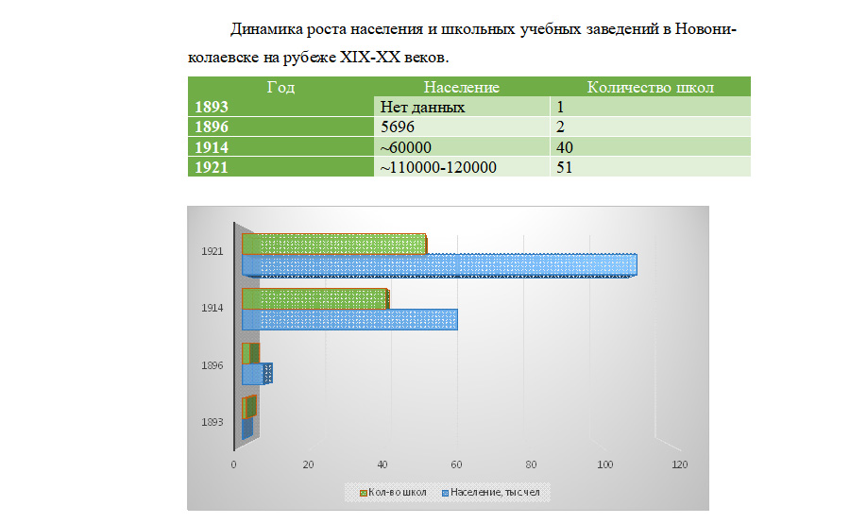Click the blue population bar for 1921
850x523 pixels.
click(x=439, y=265)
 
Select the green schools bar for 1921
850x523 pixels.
click(x=334, y=244)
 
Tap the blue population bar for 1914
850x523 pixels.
click(x=349, y=320)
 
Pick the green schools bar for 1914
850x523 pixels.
click(x=314, y=298)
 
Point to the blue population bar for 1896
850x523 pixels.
click(x=255, y=374)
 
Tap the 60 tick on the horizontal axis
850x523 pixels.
click(x=457, y=464)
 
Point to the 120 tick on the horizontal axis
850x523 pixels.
click(x=679, y=464)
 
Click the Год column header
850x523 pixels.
click(x=280, y=88)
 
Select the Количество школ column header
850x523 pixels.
click(x=650, y=88)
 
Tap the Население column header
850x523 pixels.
click(x=461, y=88)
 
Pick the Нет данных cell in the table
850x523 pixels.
click(x=422, y=108)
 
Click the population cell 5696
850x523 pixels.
click(x=397, y=127)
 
